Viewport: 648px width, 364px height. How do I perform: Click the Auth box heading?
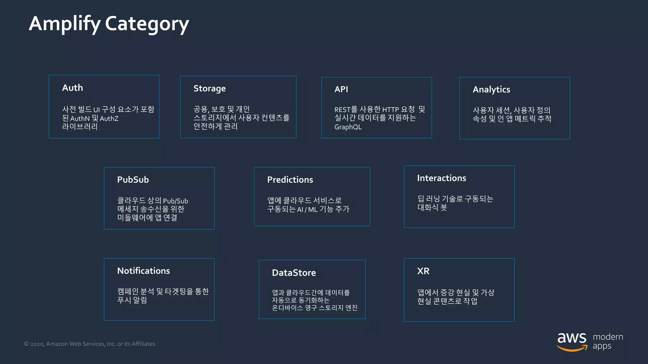pos(72,88)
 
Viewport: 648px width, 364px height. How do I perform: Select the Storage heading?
pos(209,89)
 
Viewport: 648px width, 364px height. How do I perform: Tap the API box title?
pos(341,89)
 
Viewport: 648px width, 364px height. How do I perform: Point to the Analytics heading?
pos(491,90)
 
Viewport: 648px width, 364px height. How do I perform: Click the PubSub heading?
pos(133,180)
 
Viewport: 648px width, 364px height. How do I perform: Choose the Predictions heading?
pos(290,180)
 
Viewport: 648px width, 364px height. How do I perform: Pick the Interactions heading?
pos(441,178)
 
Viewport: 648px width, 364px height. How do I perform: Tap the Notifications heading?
pos(143,271)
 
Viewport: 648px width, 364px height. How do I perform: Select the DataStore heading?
pos(294,273)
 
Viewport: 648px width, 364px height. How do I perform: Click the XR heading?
pos(423,271)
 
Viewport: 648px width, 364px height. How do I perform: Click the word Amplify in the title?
pos(65,24)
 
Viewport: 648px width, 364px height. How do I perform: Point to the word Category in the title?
pos(147,24)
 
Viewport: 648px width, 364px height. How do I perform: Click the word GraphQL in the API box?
pos(348,127)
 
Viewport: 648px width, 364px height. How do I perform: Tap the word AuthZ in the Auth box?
pos(109,119)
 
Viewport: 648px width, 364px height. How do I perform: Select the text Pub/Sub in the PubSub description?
pos(175,201)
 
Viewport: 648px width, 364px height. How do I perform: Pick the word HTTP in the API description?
pos(390,110)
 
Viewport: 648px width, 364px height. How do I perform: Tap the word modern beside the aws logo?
pos(608,337)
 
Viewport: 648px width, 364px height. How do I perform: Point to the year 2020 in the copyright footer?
pos(37,344)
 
